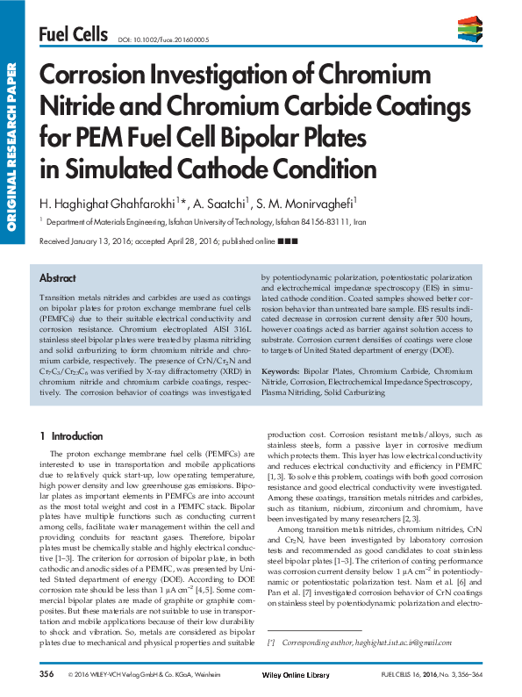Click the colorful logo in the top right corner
coord(469,30)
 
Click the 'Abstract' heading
coord(58,277)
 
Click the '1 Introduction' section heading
coord(72,435)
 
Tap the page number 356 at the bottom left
coord(46,673)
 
